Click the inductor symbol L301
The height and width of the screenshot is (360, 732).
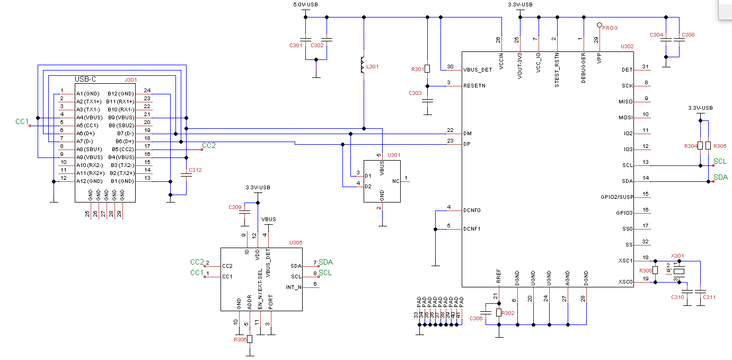point(363,67)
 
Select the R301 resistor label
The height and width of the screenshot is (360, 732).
point(418,69)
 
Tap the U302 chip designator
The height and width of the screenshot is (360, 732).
point(627,47)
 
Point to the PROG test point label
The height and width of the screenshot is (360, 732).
point(610,28)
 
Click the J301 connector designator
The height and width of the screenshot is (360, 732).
point(130,80)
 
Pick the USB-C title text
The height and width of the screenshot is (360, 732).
point(86,79)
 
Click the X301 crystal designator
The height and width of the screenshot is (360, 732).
point(677,255)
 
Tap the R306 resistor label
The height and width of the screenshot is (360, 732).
point(240,340)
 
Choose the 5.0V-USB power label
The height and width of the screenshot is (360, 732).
point(305,5)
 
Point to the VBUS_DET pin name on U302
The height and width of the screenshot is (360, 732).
point(478,69)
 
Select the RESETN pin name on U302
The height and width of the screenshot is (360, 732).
point(474,85)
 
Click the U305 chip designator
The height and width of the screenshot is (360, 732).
point(296,242)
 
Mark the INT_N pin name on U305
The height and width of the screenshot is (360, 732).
point(294,287)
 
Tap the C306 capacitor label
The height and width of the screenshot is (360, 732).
point(476,318)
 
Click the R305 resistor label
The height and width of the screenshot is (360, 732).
point(720,146)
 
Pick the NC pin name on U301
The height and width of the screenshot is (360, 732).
point(395,181)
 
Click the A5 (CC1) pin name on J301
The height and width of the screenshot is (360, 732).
point(88,125)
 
